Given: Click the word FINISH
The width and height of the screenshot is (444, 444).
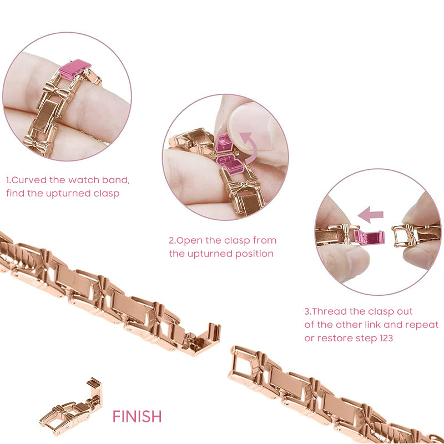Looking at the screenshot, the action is (137, 416).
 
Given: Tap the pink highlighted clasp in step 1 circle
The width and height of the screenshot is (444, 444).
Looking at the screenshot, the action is (75, 69).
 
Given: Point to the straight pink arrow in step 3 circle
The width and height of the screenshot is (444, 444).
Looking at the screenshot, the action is (371, 215).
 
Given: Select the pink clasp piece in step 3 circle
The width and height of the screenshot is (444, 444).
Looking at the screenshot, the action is (369, 237).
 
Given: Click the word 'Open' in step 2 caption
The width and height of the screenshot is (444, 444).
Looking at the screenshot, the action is (189, 241).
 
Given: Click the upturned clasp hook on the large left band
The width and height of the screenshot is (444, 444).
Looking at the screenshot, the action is (205, 339).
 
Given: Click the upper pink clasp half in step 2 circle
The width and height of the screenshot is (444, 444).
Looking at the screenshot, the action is (224, 143).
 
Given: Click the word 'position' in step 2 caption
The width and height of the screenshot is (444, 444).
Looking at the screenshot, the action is (254, 254).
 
